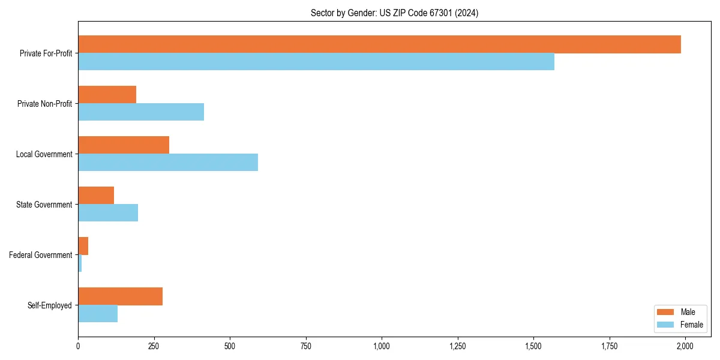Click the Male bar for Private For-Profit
pos(379,44)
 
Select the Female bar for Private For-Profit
pos(316,62)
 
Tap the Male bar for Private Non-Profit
pos(107,95)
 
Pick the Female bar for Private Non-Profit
pos(141,112)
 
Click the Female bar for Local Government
pos(168,163)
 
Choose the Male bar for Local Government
pos(124,145)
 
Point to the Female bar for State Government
pos(108,213)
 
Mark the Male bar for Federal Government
pos(83,246)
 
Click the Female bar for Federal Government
pos(80,263)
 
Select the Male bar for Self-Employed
pos(120,296)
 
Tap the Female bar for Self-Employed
pos(98,314)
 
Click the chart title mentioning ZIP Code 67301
pos(394,13)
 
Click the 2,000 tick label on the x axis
pos(685,346)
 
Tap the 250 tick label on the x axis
pos(154,346)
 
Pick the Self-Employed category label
pos(50,305)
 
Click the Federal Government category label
pos(41,255)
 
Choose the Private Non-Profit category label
pos(44,104)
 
